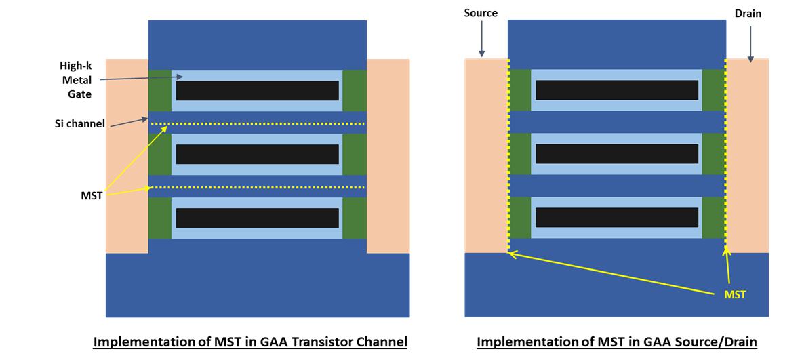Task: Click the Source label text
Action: (x=481, y=13)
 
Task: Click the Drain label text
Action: (x=748, y=13)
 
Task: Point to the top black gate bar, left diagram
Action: (x=257, y=90)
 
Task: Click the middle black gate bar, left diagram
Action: (x=257, y=154)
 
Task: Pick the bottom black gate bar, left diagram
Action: (x=257, y=218)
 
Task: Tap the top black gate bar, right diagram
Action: (x=616, y=90)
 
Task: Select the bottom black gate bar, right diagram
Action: (x=616, y=218)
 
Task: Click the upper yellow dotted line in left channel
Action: (x=257, y=123)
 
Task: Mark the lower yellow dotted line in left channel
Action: (x=257, y=187)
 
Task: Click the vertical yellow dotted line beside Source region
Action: (x=508, y=156)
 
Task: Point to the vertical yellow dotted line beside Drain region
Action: (x=725, y=156)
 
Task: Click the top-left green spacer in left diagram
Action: (x=160, y=90)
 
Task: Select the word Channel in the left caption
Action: (x=382, y=342)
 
